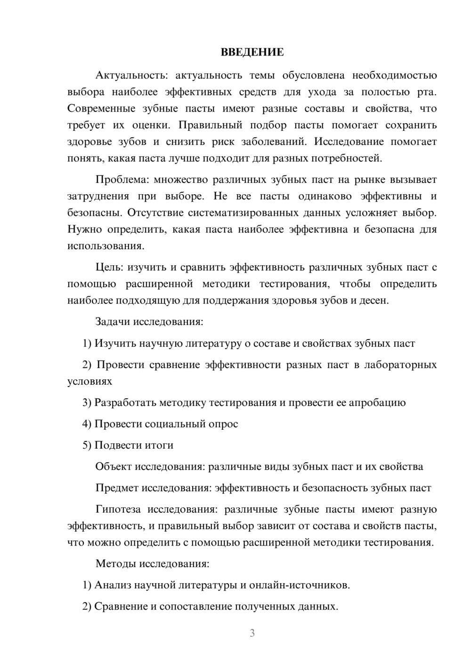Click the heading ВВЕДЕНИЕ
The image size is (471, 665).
[252, 52]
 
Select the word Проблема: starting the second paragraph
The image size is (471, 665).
[122, 180]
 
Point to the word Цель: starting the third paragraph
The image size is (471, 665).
[109, 268]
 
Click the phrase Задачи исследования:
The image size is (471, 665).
[149, 322]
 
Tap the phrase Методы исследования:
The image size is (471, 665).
[152, 563]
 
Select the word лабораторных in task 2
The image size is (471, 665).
[400, 365]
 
